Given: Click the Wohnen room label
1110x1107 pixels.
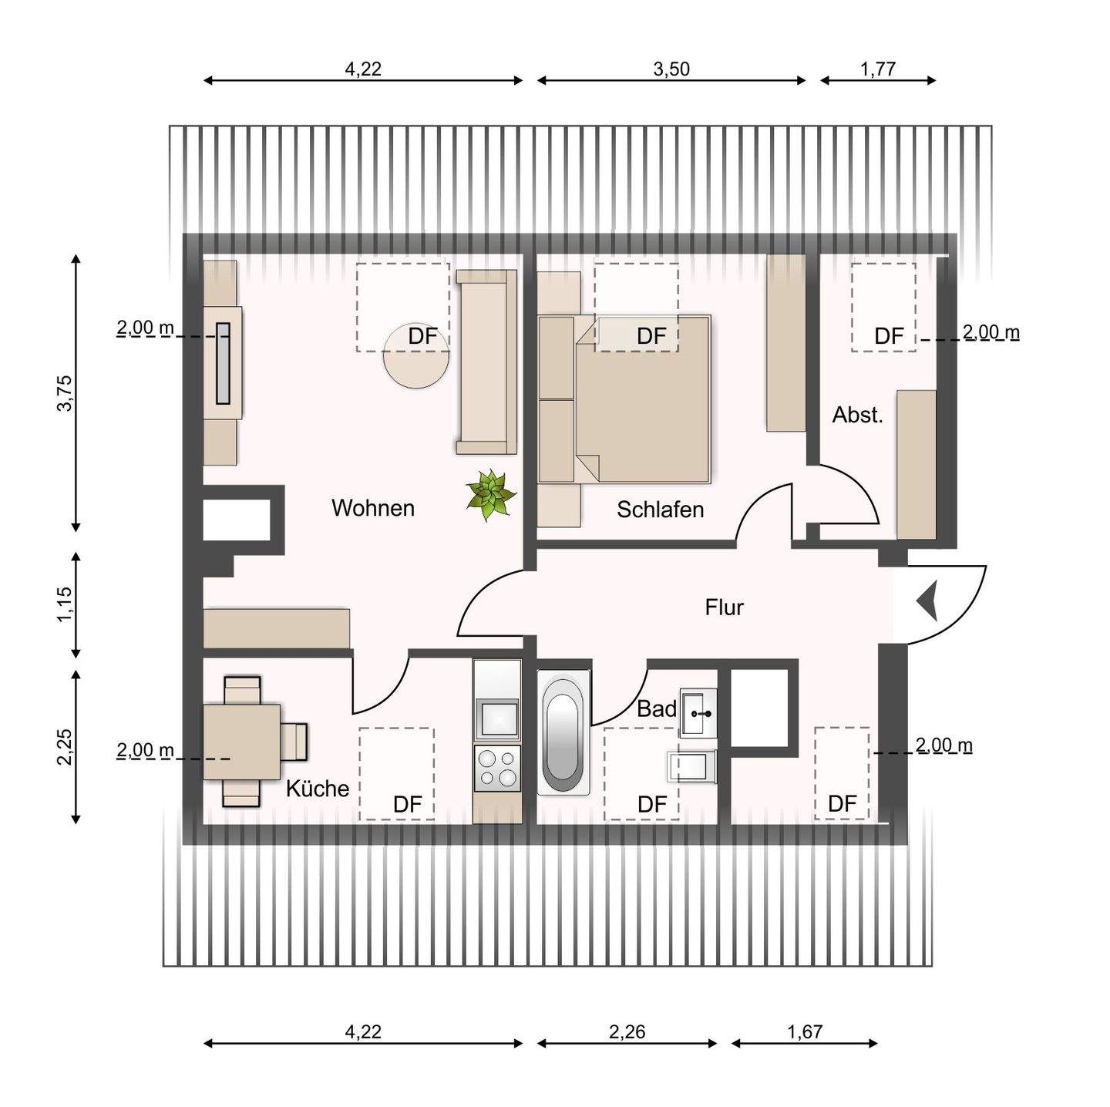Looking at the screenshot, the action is pyautogui.click(x=372, y=508).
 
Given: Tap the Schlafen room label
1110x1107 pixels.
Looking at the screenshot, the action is pyautogui.click(x=660, y=510).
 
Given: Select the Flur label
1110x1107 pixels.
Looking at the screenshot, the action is pyautogui.click(x=724, y=607).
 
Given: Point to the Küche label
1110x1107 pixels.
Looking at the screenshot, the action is pyautogui.click(x=318, y=789).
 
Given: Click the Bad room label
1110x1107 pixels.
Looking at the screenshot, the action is pyautogui.click(x=656, y=708).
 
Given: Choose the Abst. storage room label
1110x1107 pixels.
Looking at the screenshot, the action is pyautogui.click(x=857, y=415).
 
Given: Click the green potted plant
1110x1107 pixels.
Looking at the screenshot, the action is pyautogui.click(x=491, y=495).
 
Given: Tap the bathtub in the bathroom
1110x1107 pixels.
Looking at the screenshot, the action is pyautogui.click(x=564, y=734).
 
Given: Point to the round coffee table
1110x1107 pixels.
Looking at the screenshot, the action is pyautogui.click(x=416, y=357).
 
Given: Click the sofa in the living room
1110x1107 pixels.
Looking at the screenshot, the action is pyautogui.click(x=486, y=362).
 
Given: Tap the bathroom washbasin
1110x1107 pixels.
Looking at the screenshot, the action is pyautogui.click(x=698, y=713).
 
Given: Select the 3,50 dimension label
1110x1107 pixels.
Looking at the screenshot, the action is pyautogui.click(x=671, y=69).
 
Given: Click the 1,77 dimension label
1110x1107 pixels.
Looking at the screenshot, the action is pyautogui.click(x=878, y=69).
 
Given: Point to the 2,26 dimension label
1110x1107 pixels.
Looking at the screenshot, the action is pyautogui.click(x=627, y=1031).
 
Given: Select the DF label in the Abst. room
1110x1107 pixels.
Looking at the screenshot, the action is pyautogui.click(x=889, y=337).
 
